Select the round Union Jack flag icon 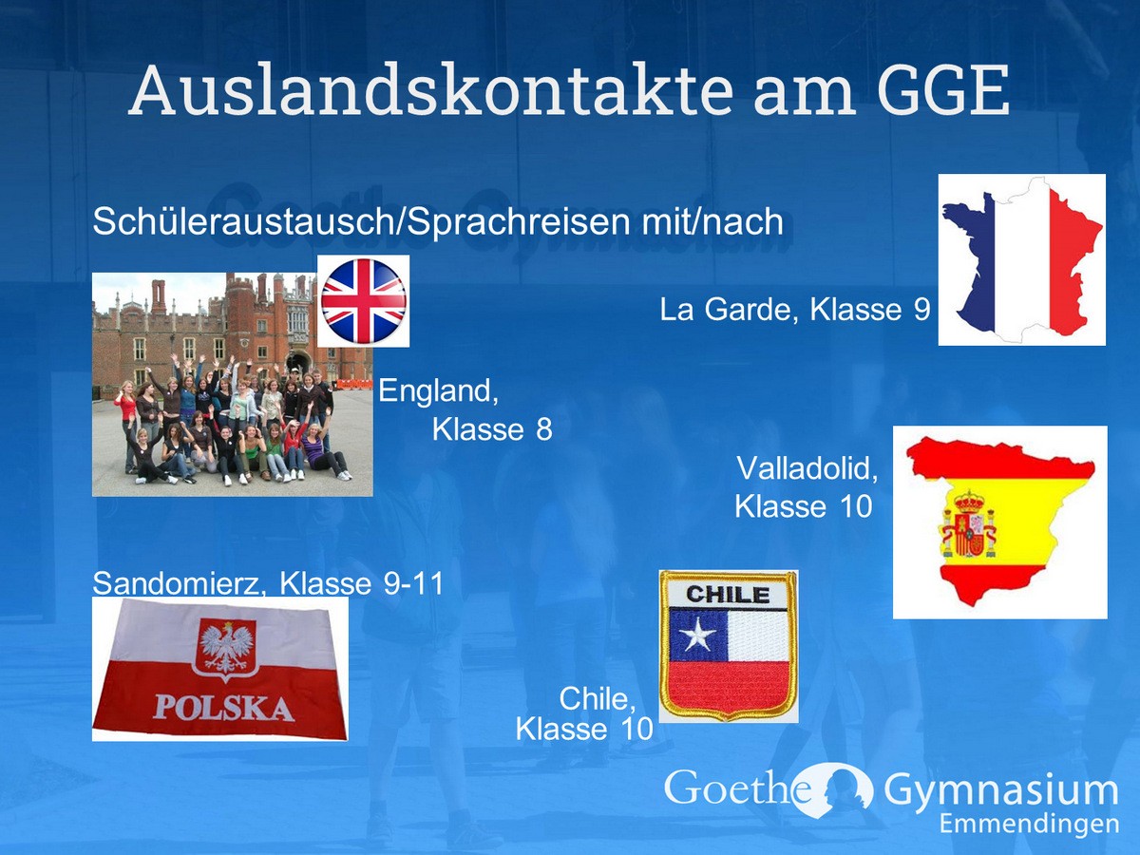[x=364, y=301]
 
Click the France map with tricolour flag [x=1021, y=259]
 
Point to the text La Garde [x=726, y=310]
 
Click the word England [x=438, y=390]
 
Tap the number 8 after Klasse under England [x=543, y=429]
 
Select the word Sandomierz [x=180, y=583]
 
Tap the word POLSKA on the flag [x=223, y=708]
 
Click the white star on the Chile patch [x=697, y=636]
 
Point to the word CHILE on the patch [x=728, y=595]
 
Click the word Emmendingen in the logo [x=1029, y=825]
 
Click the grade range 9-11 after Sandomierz [x=413, y=583]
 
